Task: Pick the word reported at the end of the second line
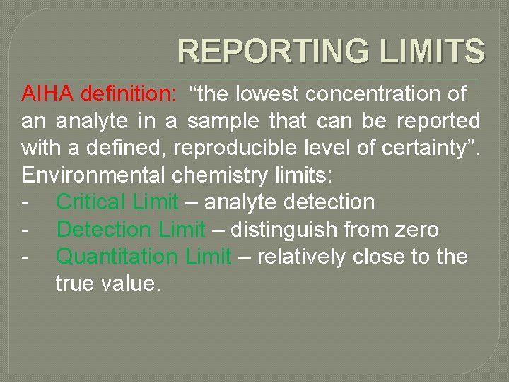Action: pos(438,121)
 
